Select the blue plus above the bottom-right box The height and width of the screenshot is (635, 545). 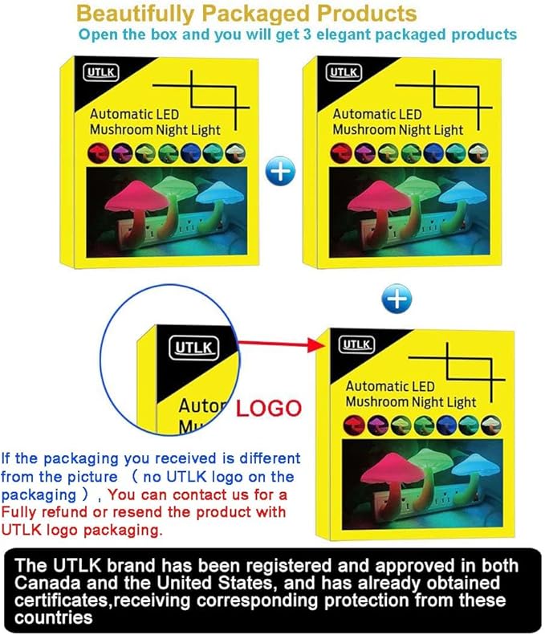(397, 299)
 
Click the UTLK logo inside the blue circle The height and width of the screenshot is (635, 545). (193, 348)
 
